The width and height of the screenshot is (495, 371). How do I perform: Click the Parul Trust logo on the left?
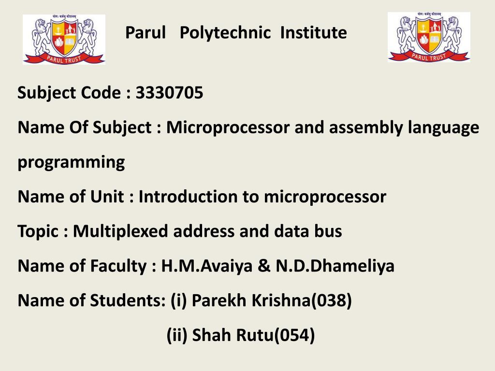64,39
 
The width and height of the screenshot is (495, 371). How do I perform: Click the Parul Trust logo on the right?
429,37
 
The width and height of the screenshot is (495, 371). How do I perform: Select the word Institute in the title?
314,33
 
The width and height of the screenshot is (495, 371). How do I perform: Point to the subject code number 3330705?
169,92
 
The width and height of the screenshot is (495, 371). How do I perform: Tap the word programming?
71,162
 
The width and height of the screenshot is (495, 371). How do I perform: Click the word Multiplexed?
121,231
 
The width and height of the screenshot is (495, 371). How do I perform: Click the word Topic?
38,232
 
